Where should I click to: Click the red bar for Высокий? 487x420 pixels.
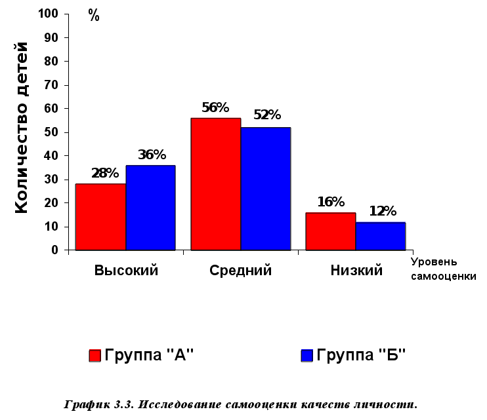click(x=100, y=217)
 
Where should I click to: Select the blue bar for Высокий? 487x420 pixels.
click(x=150, y=208)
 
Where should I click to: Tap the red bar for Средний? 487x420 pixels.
click(x=216, y=184)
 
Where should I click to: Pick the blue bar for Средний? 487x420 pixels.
click(x=265, y=189)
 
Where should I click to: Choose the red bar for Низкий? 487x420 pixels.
click(x=331, y=231)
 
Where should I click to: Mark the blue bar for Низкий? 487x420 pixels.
click(x=381, y=236)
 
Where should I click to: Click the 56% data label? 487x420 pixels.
click(x=215, y=107)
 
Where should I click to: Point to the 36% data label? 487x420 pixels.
click(x=152, y=155)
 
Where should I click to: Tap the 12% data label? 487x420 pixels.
click(x=382, y=212)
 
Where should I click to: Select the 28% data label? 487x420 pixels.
click(x=105, y=174)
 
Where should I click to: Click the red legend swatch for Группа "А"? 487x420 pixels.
click(x=95, y=356)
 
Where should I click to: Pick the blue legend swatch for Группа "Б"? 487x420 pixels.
click(x=307, y=356)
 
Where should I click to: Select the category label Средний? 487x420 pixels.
click(x=240, y=271)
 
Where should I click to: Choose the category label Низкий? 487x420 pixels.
click(x=356, y=271)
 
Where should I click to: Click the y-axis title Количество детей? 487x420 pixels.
click(x=21, y=127)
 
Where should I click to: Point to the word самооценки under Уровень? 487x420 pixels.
click(x=443, y=277)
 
